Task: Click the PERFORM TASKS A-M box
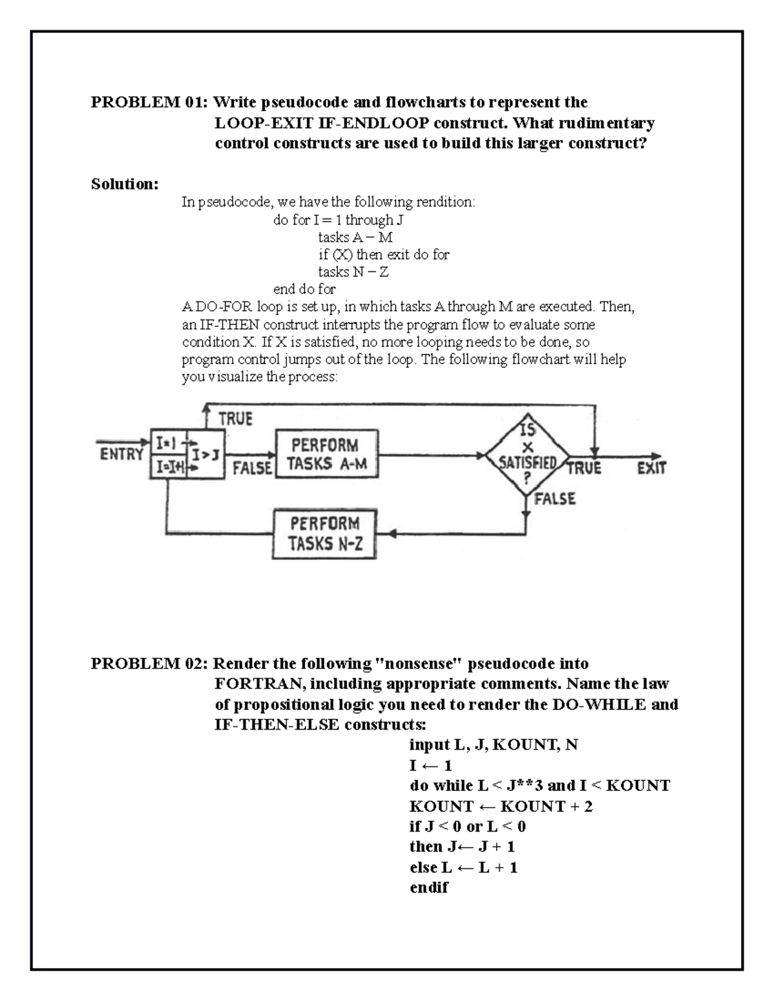[326, 454]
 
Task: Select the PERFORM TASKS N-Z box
[324, 534]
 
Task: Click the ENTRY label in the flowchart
[121, 454]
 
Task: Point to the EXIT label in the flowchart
[651, 468]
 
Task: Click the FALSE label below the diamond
[554, 499]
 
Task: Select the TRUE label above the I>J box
[235, 419]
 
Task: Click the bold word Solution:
[124, 184]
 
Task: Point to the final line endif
[428, 888]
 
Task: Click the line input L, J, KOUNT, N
[493, 745]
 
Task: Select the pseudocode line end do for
[304, 289]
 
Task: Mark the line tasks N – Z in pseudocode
[353, 272]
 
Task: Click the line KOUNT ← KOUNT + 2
[501, 806]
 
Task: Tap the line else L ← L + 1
[463, 868]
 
